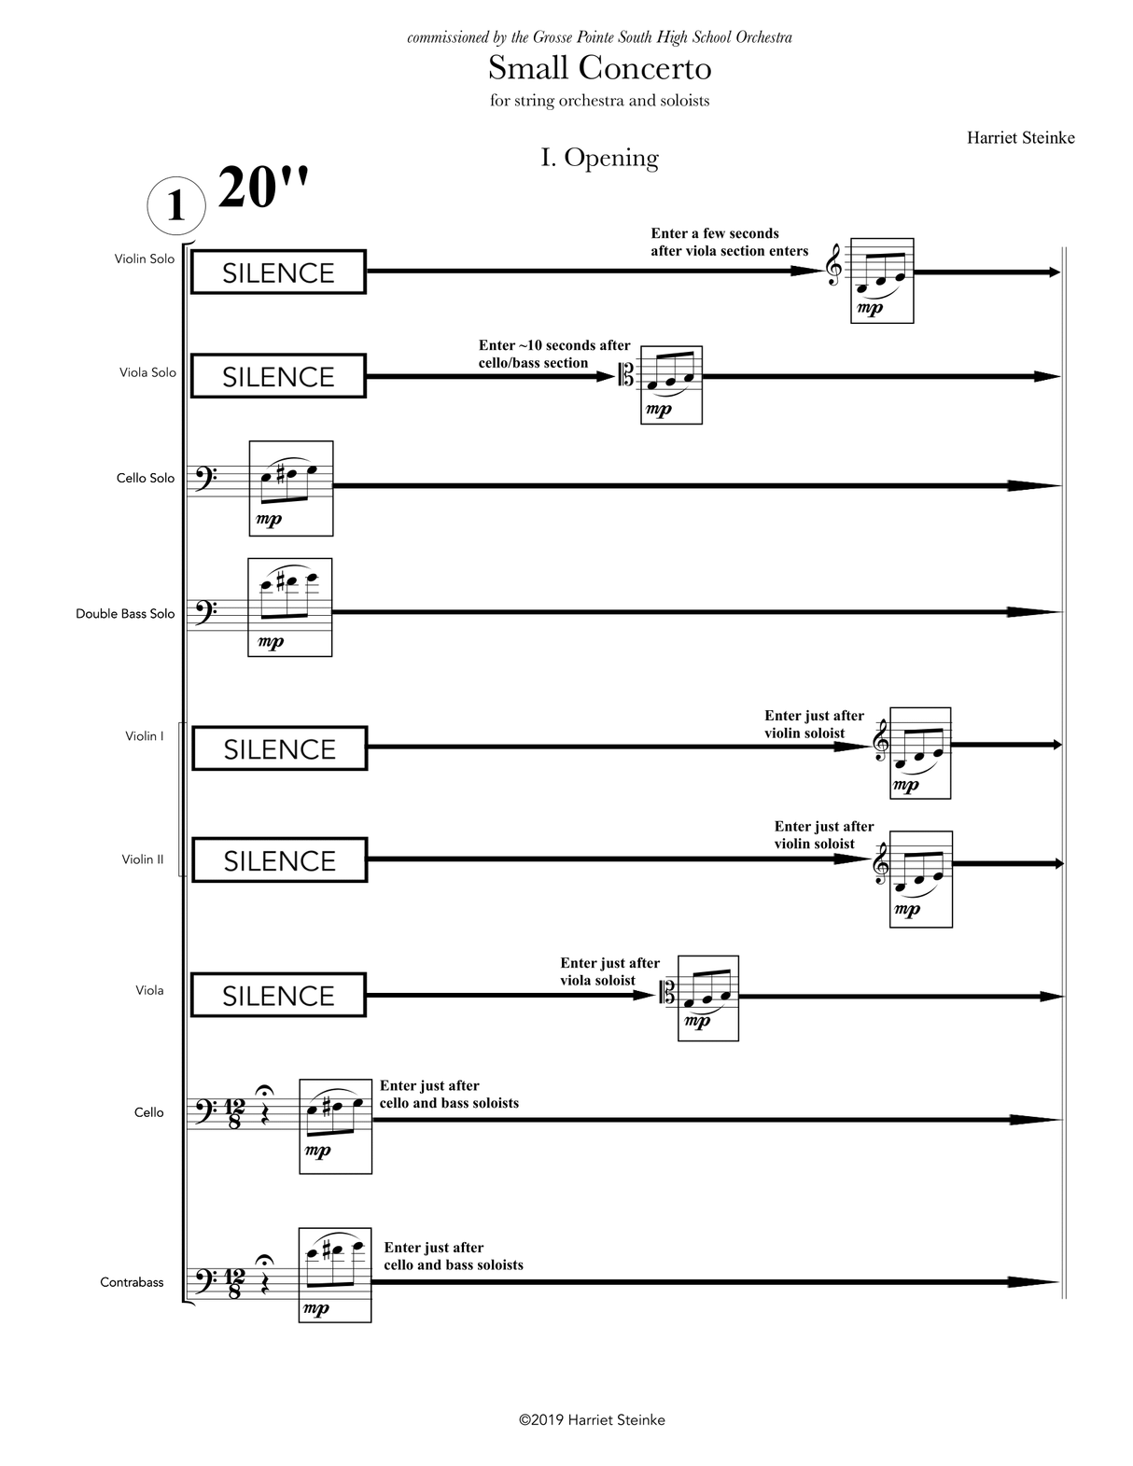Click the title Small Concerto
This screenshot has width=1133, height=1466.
click(599, 68)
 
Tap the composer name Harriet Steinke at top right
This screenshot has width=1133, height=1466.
click(1020, 138)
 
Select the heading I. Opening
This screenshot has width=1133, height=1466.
click(599, 158)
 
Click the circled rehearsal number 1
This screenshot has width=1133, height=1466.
click(175, 204)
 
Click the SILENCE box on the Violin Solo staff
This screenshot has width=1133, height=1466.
click(278, 272)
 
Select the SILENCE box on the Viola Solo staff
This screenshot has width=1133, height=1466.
click(278, 376)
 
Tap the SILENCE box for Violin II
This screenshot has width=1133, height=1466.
click(279, 859)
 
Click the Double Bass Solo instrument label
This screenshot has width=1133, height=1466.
click(125, 614)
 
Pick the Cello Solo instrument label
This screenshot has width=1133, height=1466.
click(145, 478)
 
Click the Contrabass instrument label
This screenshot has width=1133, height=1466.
click(132, 1282)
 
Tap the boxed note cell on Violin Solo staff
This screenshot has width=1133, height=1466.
click(882, 281)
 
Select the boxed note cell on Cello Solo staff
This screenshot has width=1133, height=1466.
click(291, 488)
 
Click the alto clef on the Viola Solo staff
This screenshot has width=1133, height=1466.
click(628, 378)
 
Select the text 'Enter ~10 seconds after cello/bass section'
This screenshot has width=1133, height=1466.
click(553, 354)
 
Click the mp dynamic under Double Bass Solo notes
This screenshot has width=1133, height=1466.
click(271, 642)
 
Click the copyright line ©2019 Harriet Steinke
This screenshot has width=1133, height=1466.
click(592, 1420)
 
